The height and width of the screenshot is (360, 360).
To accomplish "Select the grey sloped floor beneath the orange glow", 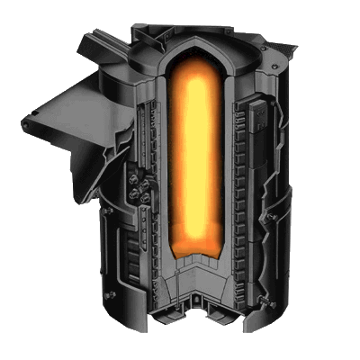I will point(194,274).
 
